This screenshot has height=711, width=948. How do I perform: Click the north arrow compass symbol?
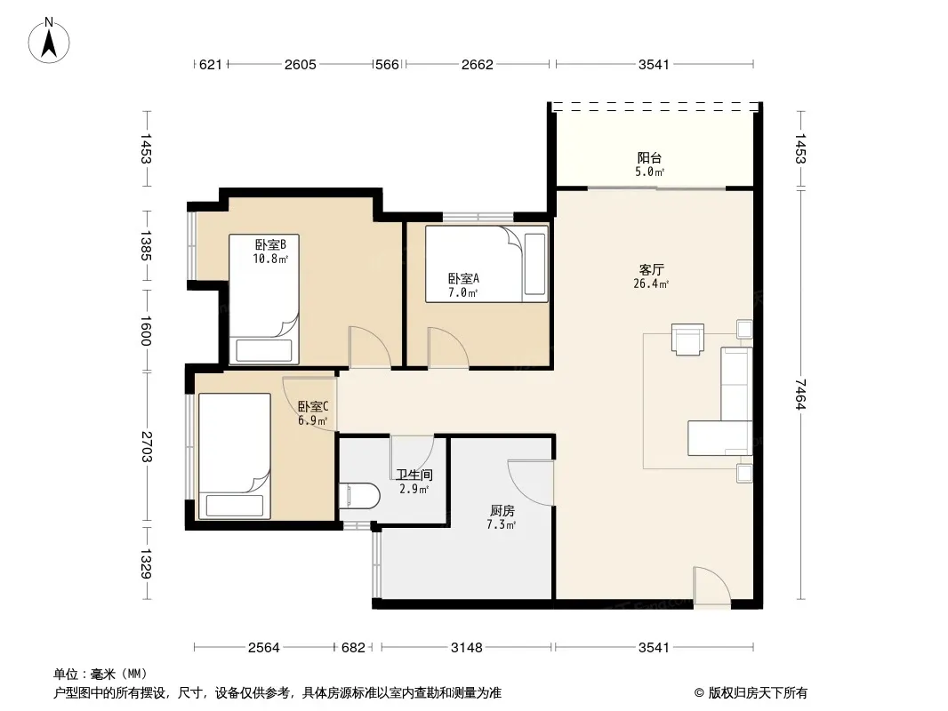click(49, 41)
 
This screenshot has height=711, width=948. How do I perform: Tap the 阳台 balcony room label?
click(649, 157)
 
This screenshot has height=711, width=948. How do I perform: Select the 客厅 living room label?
click(651, 269)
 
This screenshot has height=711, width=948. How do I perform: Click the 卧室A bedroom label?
click(463, 278)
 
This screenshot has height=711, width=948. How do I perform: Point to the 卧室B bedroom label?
click(270, 244)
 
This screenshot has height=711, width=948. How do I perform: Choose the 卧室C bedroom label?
click(313, 406)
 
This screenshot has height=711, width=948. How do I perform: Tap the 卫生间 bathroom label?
click(414, 475)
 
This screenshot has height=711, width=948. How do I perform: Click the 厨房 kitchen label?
click(502, 511)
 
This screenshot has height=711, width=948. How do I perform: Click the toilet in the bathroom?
click(359, 496)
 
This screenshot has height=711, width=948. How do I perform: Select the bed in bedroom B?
click(264, 300)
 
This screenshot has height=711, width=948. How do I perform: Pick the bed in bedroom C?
click(234, 456)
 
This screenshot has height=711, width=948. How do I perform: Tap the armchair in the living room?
click(687, 339)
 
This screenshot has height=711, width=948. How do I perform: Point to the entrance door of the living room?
click(712, 587)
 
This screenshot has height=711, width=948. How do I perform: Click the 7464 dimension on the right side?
click(800, 394)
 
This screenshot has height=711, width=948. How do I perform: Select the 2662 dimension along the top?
click(477, 64)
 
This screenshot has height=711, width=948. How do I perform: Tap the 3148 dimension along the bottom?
click(467, 648)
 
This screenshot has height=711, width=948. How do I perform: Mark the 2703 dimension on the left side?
click(146, 446)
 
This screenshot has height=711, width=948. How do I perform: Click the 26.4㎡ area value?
click(651, 284)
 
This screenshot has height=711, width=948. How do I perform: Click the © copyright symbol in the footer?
click(699, 693)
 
